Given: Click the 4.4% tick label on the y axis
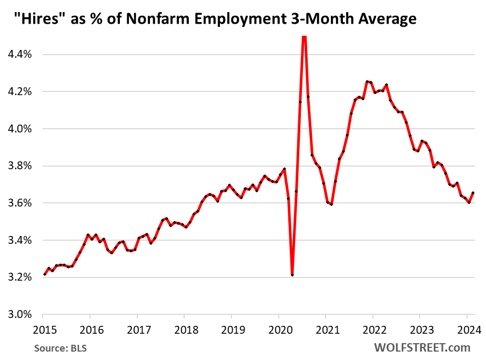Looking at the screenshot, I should coord(19,54).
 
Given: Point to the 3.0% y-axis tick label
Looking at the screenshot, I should coord(19,315).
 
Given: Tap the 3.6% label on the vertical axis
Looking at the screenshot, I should coord(19,203).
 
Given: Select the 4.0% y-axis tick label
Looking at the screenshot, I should coord(19,129).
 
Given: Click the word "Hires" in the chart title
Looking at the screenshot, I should coord(32,19).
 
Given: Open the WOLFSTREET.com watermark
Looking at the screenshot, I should coord(422,347).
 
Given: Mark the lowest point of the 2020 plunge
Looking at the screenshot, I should coord(292,275).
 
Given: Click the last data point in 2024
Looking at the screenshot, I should coord(472,193).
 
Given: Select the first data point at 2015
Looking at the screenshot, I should coord(44,274).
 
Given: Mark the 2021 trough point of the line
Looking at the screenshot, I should coord(331,204).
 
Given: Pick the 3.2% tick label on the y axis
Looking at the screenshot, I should coord(19,277).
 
